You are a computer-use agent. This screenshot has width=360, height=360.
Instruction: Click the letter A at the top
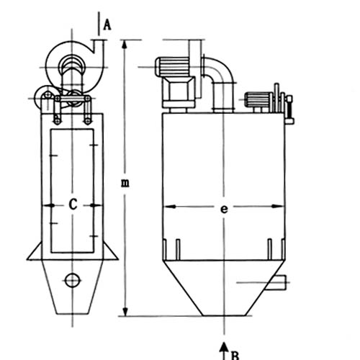click(107, 25)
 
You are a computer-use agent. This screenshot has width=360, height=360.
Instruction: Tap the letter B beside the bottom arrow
click(235, 356)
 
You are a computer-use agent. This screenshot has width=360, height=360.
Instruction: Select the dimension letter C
click(73, 204)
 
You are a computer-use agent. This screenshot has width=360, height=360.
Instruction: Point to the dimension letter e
click(224, 210)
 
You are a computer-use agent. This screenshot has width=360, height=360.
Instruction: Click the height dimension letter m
click(125, 183)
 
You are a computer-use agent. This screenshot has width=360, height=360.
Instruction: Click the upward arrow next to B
click(224, 351)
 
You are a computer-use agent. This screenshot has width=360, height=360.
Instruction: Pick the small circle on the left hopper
click(72, 280)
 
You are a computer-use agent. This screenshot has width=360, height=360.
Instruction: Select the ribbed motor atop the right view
click(172, 67)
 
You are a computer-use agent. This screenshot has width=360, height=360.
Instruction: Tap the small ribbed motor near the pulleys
click(258, 99)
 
